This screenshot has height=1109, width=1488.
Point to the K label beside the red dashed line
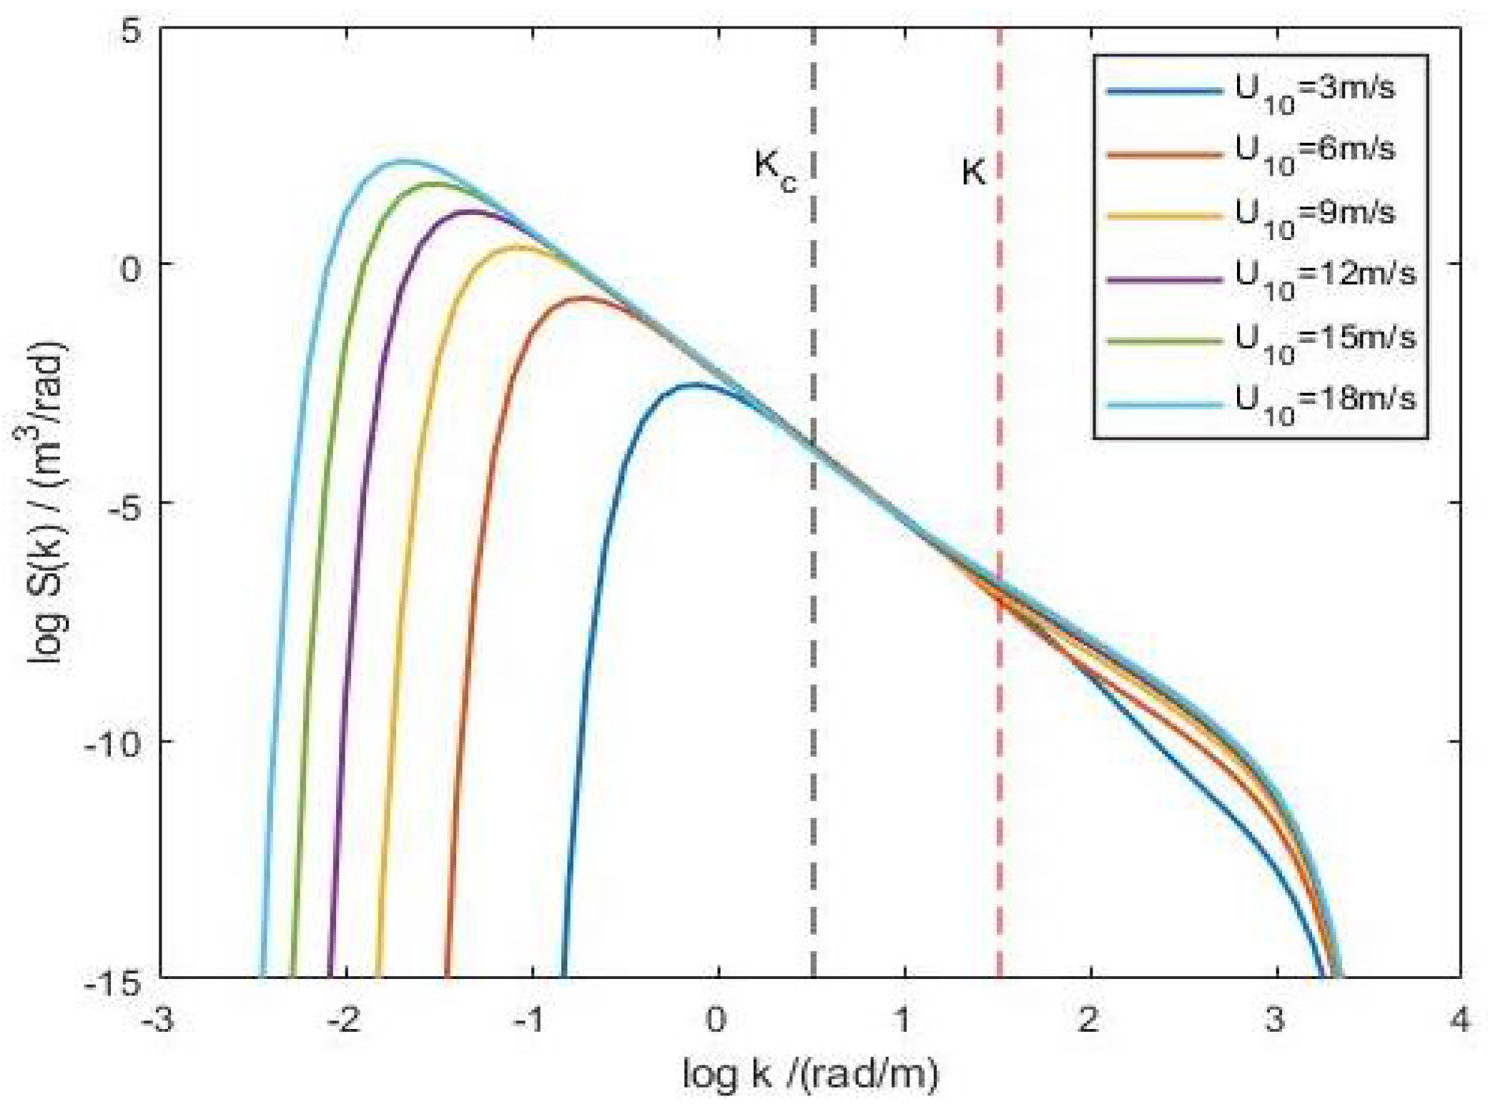click(x=973, y=172)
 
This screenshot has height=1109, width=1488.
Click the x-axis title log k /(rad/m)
click(x=810, y=1074)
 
